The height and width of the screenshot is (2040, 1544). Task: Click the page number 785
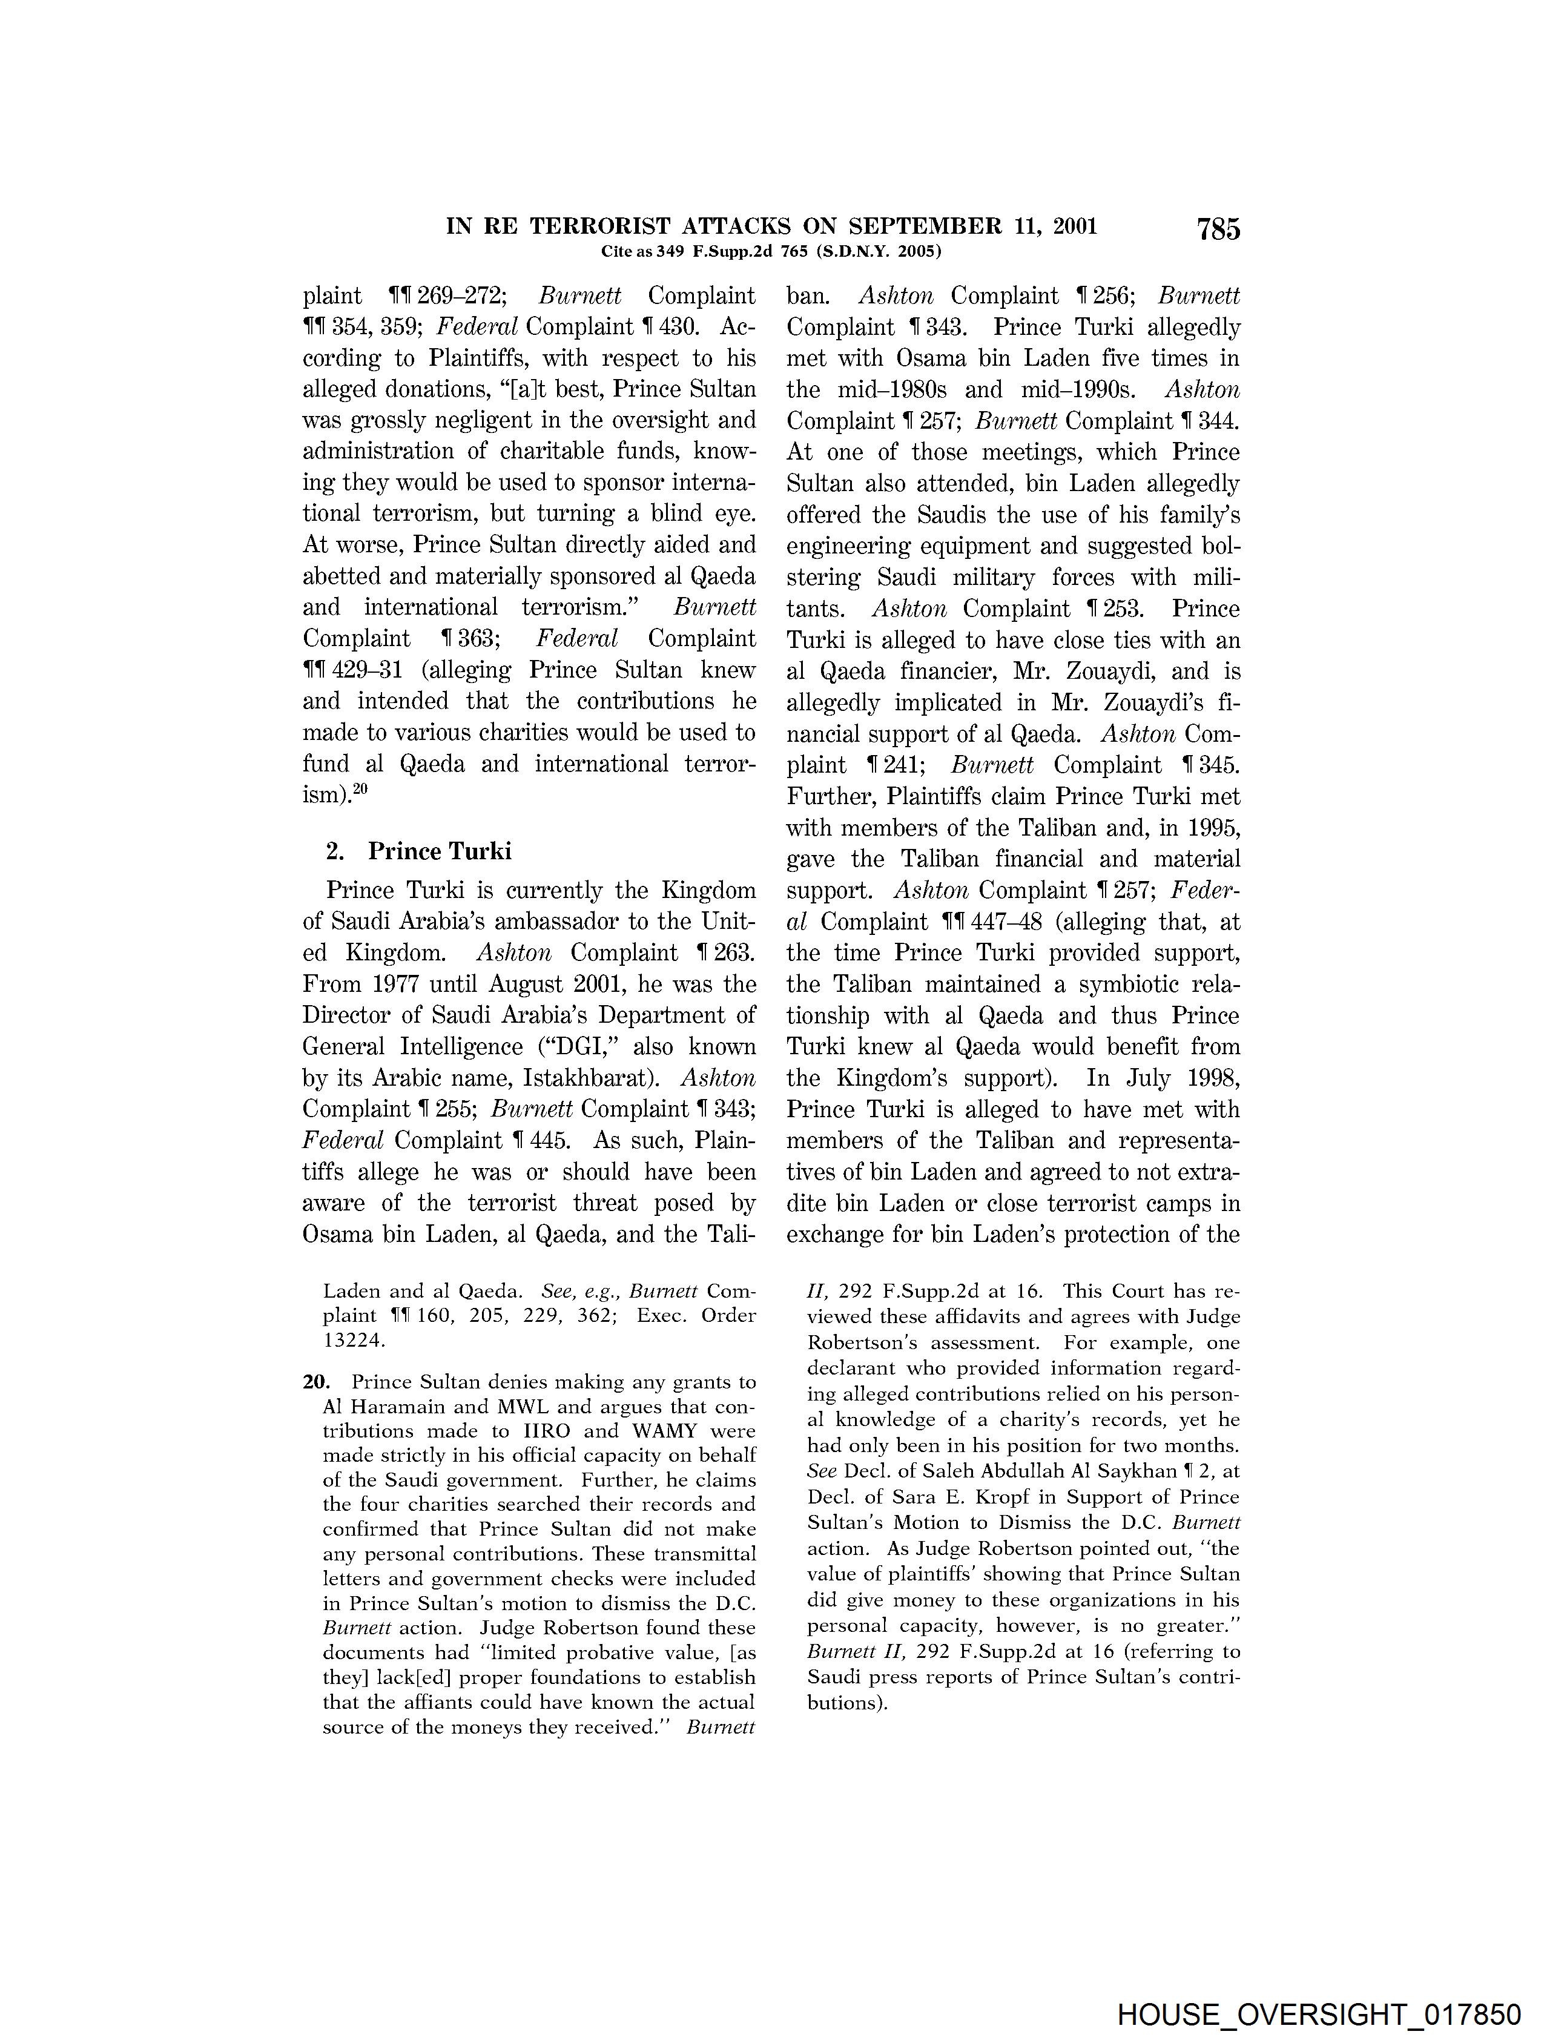coord(1218,229)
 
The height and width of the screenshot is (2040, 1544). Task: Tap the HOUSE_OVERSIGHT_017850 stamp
coord(1318,2014)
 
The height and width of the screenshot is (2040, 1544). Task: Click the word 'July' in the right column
coord(1140,1078)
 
